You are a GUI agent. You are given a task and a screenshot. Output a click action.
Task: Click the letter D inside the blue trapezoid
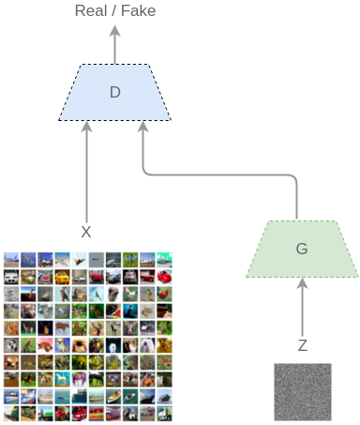coord(114,92)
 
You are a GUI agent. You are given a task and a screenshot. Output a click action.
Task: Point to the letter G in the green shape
coord(301,249)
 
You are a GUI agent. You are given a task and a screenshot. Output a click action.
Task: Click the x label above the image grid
coord(86,232)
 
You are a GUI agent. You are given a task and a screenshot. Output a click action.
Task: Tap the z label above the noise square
coord(302,345)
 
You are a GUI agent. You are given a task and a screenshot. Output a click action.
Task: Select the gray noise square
coord(302,391)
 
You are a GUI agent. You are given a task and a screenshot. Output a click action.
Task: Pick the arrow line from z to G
coord(302,310)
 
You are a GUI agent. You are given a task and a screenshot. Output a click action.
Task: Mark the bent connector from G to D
coord(225,175)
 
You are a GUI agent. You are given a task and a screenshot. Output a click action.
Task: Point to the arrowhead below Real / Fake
coord(114,30)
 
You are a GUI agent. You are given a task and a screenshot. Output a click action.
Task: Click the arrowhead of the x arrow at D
coord(86,127)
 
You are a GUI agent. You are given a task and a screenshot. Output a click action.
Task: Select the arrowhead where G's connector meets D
coord(142,127)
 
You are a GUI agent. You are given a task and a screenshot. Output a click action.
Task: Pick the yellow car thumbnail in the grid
coord(61,277)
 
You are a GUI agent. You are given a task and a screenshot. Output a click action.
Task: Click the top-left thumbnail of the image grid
coord(11,258)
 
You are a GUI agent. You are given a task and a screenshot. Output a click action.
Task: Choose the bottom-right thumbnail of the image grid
coord(165,413)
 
